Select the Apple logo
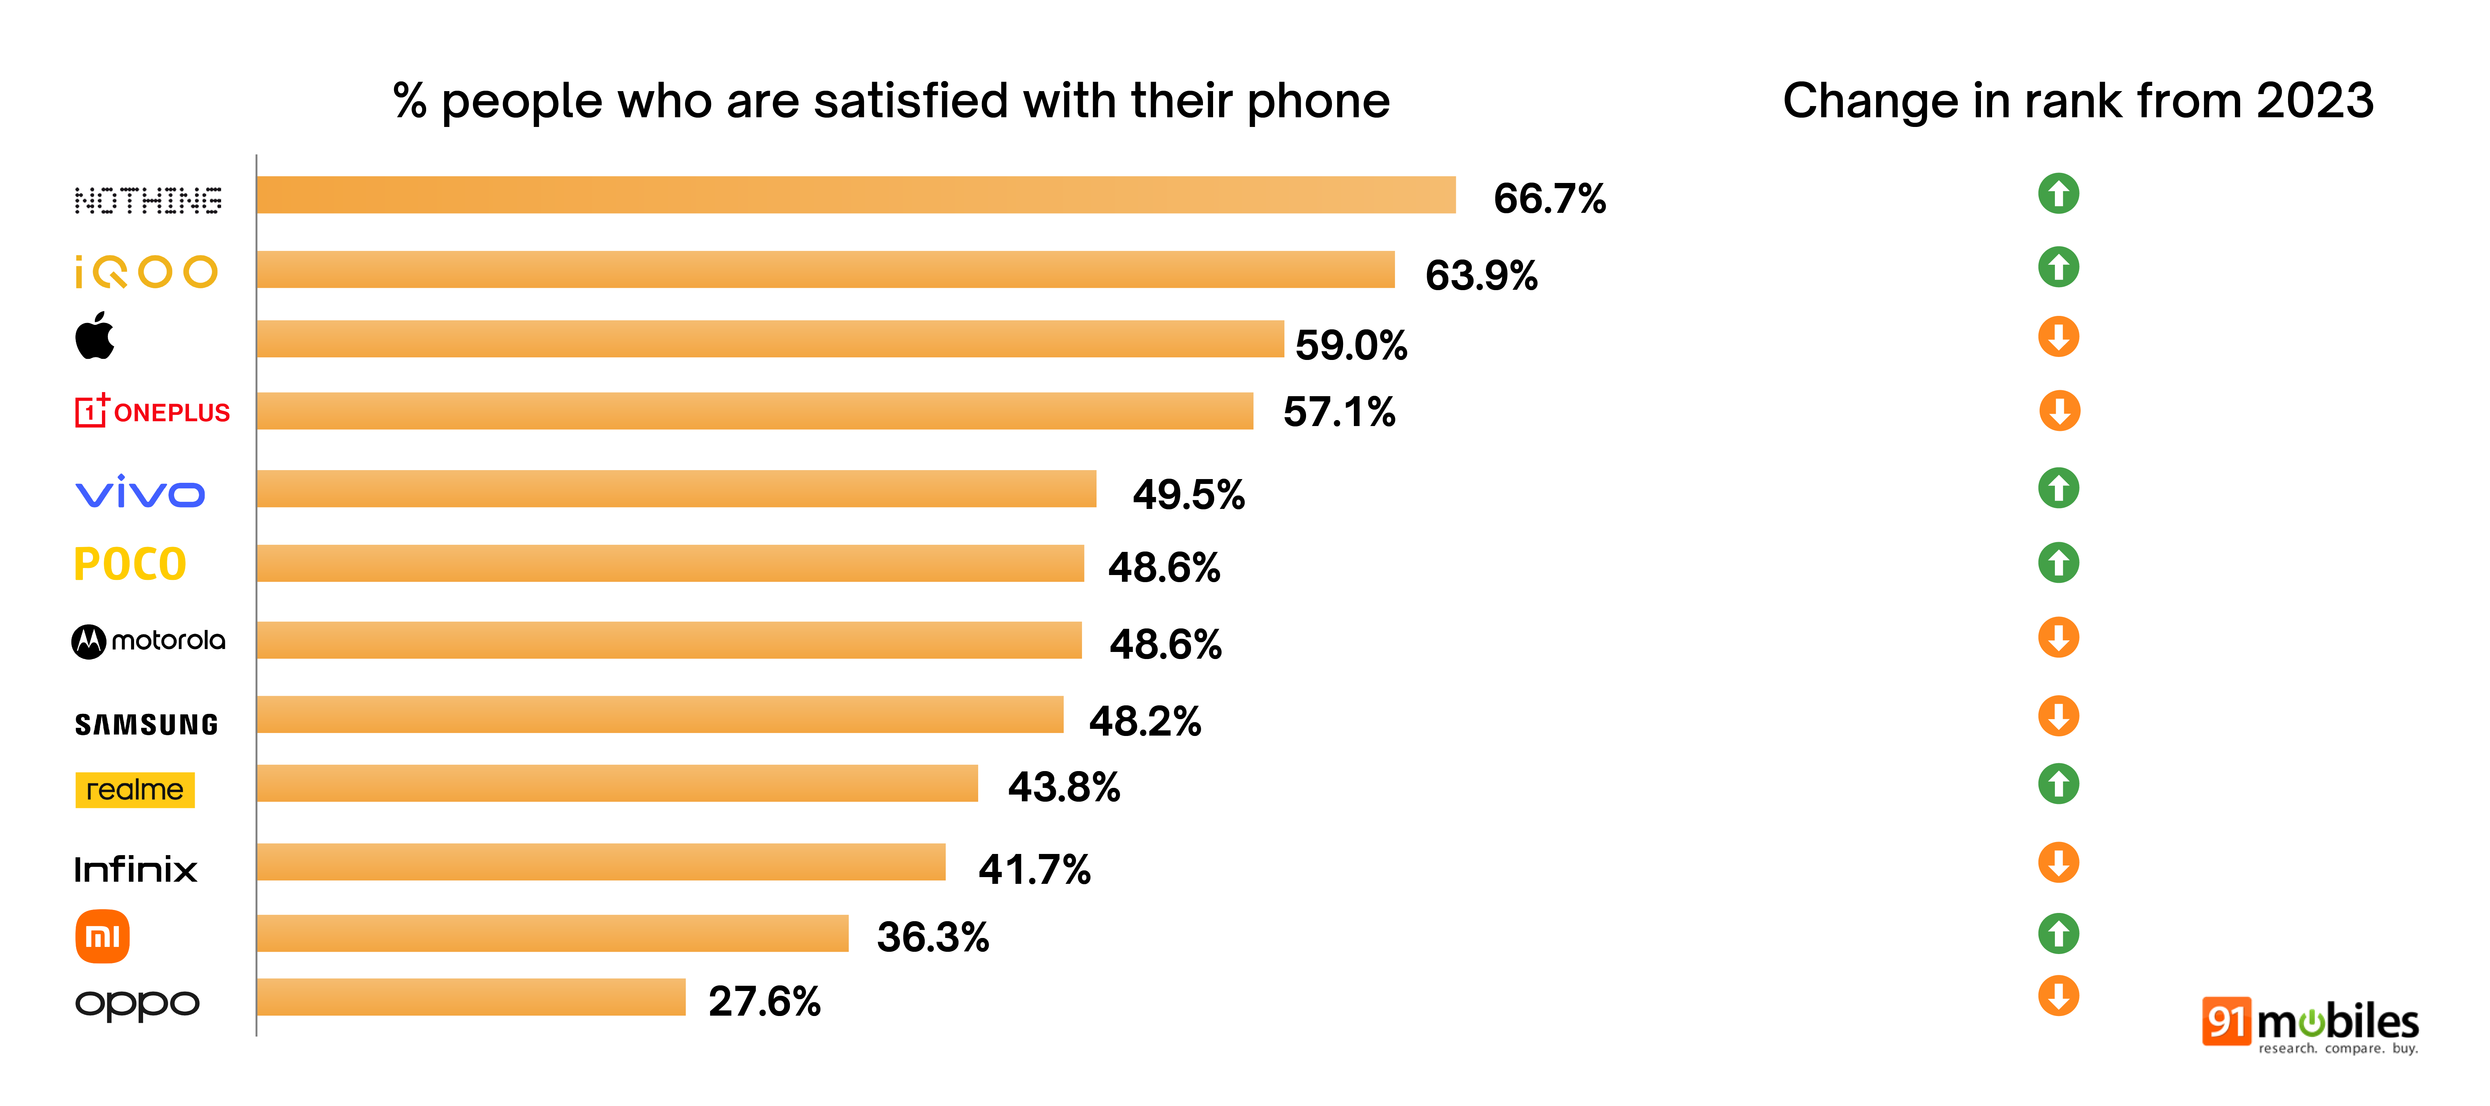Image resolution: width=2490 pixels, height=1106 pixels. [x=95, y=336]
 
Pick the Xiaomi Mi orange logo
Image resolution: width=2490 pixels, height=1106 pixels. [x=102, y=936]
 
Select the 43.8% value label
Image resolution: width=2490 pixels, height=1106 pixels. [x=1063, y=787]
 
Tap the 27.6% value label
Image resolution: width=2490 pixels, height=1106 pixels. [x=764, y=1001]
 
